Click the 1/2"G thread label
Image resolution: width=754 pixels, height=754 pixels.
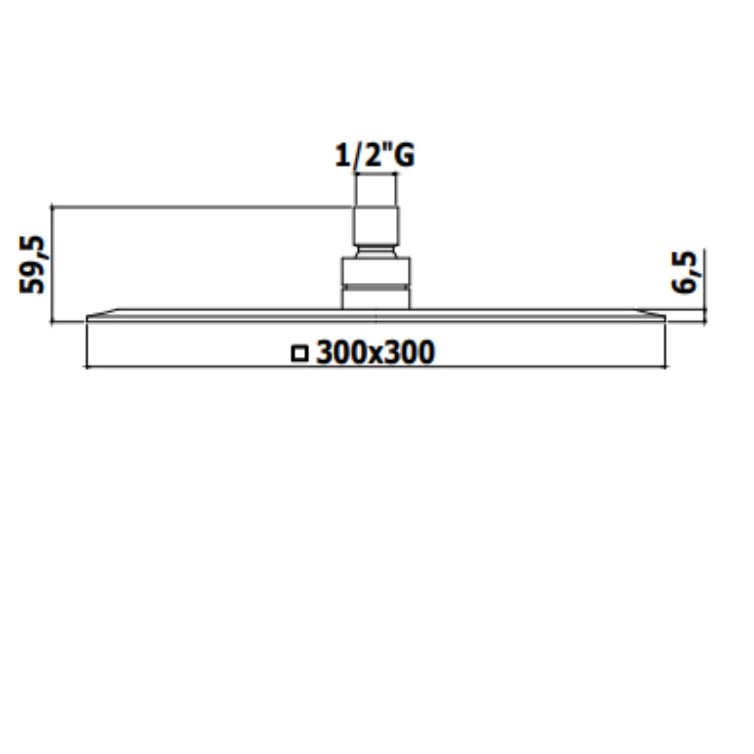(x=375, y=155)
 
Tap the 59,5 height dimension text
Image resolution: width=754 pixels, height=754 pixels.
(x=31, y=265)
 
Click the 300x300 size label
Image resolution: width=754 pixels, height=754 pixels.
(x=376, y=353)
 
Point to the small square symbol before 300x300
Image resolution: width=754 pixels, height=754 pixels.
(x=300, y=353)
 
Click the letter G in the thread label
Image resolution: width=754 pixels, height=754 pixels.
(x=405, y=155)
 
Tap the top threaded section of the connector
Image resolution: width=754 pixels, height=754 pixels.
(x=376, y=191)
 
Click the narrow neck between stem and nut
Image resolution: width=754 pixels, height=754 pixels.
(x=376, y=251)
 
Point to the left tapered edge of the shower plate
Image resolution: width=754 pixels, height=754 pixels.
(x=102, y=313)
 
